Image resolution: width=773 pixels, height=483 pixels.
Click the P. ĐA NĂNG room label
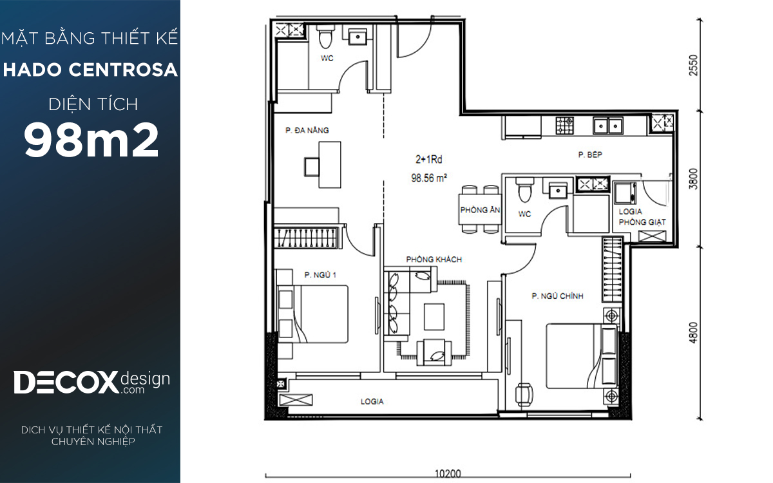(307, 130)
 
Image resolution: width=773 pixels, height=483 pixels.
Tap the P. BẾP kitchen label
(590, 155)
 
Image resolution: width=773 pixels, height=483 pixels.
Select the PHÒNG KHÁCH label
(434, 260)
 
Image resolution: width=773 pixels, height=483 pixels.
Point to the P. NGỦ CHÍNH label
(557, 296)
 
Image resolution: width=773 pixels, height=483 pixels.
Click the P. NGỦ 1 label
(320, 274)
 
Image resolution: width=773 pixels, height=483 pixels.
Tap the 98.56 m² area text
(429, 178)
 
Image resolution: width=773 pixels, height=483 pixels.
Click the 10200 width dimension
(448, 474)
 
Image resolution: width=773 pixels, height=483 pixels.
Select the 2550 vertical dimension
(693, 65)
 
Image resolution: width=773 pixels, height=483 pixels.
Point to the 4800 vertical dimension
(693, 332)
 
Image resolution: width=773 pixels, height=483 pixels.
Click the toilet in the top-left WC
(325, 37)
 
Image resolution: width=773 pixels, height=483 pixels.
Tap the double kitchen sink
(607, 126)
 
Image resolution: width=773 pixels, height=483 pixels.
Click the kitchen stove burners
(564, 126)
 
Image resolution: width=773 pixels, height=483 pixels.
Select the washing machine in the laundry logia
(625, 193)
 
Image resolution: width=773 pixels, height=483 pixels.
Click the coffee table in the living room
(434, 317)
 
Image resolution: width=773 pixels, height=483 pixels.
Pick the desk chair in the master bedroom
(524, 395)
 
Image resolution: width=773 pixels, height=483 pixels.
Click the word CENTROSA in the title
(123, 70)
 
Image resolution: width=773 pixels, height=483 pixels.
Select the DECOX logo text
(66, 383)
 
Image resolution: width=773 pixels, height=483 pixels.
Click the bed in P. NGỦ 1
(312, 314)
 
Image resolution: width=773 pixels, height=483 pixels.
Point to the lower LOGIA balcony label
(372, 401)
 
